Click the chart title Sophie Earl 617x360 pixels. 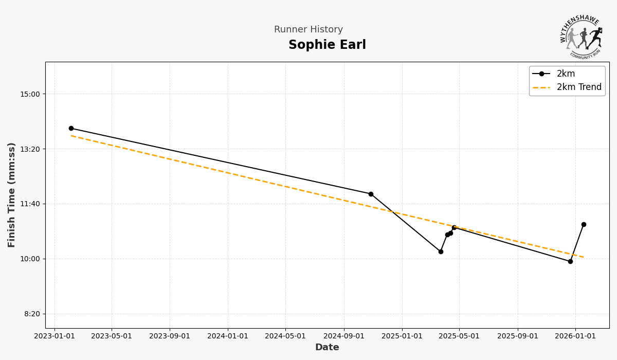pos(327,45)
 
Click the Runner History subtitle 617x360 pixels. pos(308,30)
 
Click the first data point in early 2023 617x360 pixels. pos(71,129)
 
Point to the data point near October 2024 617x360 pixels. pos(371,194)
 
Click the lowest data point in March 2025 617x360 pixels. pos(441,251)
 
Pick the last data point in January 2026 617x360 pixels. pos(584,224)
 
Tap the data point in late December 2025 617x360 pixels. pos(570,261)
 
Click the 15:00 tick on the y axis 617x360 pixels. pos(30,94)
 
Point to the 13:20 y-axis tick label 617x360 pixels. pos(30,149)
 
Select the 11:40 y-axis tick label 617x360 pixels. pos(30,204)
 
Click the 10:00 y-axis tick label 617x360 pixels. pos(30,259)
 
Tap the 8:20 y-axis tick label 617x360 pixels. pos(32,314)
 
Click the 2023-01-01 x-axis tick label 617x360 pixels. pos(55,336)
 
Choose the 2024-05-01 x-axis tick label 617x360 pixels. pos(285,336)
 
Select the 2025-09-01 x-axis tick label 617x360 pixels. pos(518,336)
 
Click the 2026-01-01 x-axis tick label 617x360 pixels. pos(575,336)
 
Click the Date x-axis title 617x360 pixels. pos(327,348)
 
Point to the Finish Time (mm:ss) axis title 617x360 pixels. pos(12,195)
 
